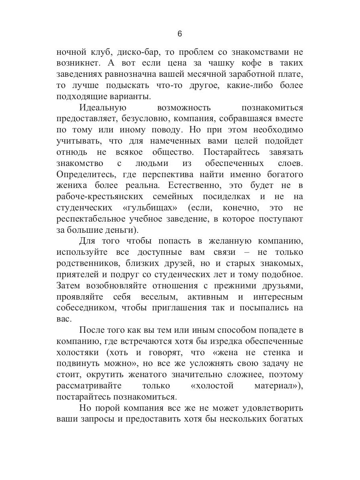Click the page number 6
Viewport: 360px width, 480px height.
(180, 34)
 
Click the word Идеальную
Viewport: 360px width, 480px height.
(103, 108)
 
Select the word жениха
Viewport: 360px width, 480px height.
(70, 186)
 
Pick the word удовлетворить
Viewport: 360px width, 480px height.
(266, 408)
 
